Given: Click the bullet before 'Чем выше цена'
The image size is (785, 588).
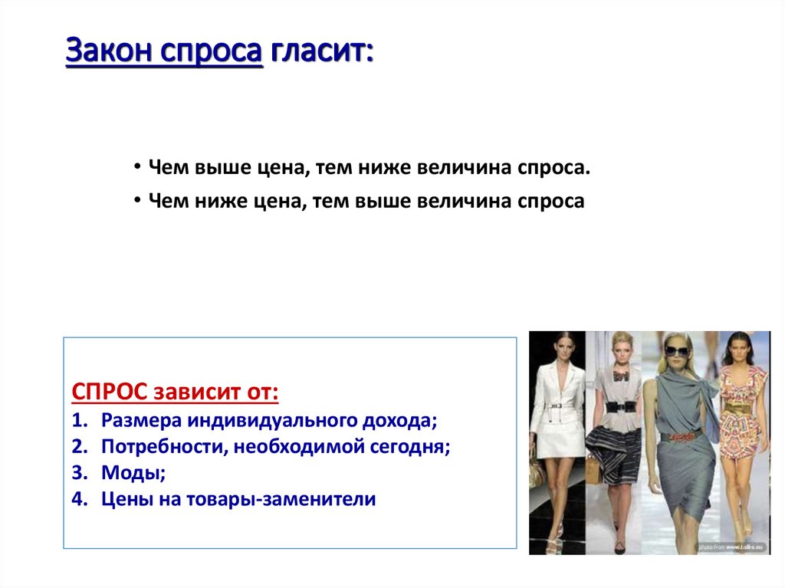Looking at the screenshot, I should point(136,167).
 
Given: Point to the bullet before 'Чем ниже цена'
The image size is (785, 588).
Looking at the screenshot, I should point(136,201).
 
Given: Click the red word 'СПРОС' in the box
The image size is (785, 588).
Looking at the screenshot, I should point(110,393).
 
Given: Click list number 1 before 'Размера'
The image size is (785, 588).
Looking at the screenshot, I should point(79,421).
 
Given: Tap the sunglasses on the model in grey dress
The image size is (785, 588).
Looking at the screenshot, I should point(676,352).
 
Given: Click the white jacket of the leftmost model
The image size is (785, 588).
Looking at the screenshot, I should point(560,391).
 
